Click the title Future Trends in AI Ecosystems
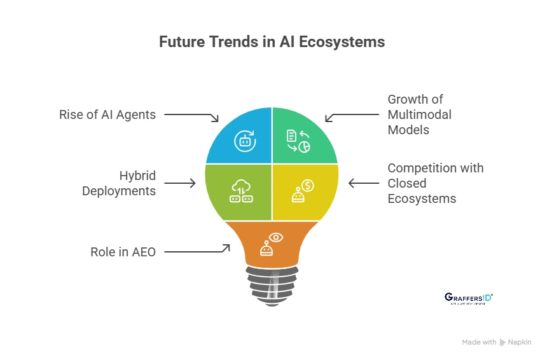pyautogui.click(x=272, y=43)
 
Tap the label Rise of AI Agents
pyautogui.click(x=107, y=114)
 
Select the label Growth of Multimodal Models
pyautogui.click(x=420, y=114)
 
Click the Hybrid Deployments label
pyautogui.click(x=119, y=183)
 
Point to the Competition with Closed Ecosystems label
pyautogui.click(x=436, y=183)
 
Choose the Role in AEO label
pyautogui.click(x=123, y=252)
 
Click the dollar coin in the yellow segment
pyautogui.click(x=308, y=186)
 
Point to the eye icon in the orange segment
pyautogui.click(x=277, y=237)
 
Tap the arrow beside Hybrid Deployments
pyautogui.click(x=181, y=183)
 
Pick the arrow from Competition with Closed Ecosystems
pyautogui.click(x=364, y=183)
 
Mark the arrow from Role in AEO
pyautogui.click(x=197, y=250)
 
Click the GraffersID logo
pyautogui.click(x=467, y=298)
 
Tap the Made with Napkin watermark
pyautogui.click(x=497, y=342)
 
